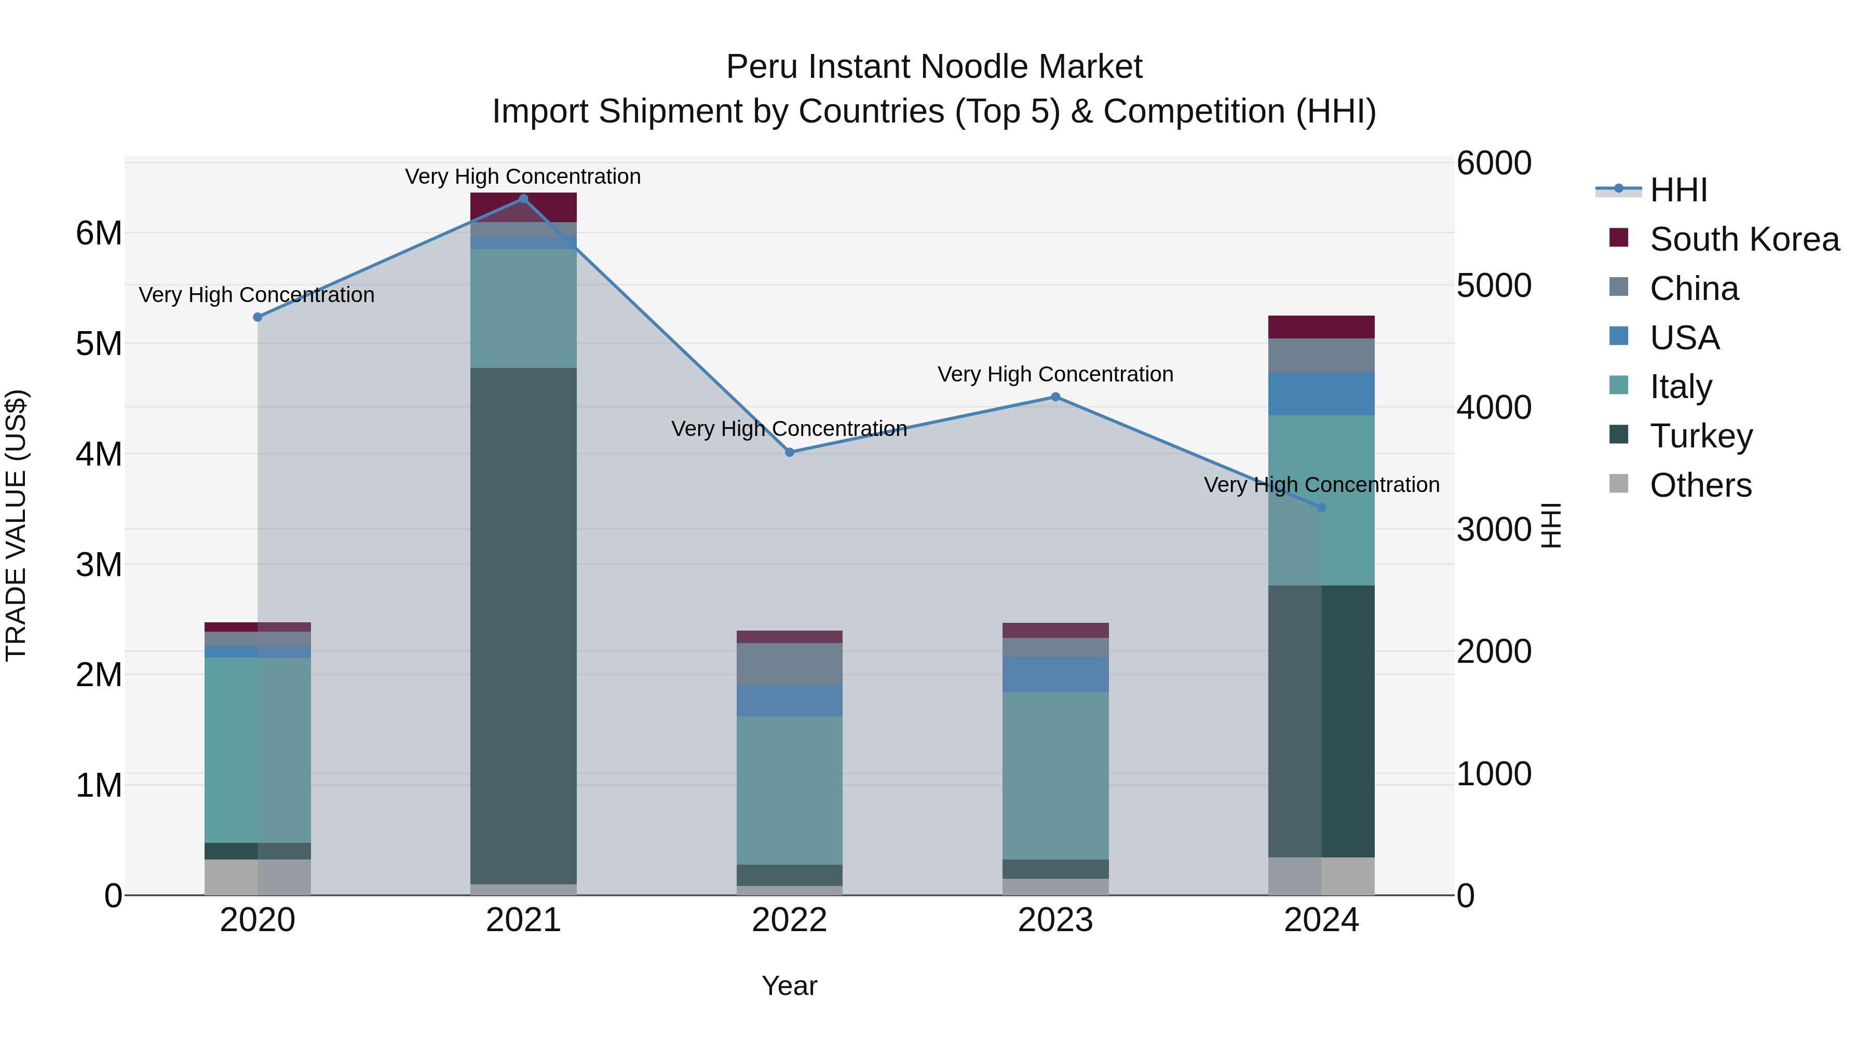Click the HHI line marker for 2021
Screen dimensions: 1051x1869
pyautogui.click(x=523, y=199)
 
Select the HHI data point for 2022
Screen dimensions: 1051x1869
pyautogui.click(x=789, y=453)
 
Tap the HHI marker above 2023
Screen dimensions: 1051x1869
pyautogui.click(x=1055, y=397)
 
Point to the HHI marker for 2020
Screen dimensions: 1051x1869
pyautogui.click(x=258, y=317)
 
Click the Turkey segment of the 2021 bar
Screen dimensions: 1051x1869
pyautogui.click(x=523, y=624)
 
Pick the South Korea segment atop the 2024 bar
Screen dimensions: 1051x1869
pyautogui.click(x=1321, y=327)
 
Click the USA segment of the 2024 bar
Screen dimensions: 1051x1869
pyautogui.click(x=1321, y=394)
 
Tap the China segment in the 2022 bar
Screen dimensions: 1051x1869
pyautogui.click(x=789, y=664)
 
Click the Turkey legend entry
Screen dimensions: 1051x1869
pyautogui.click(x=1701, y=436)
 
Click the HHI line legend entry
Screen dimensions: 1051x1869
pyautogui.click(x=1677, y=190)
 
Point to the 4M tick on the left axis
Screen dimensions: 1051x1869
pyautogui.click(x=99, y=455)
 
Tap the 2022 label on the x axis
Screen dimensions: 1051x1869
pyautogui.click(x=789, y=920)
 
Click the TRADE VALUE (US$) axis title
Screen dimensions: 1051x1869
pyautogui.click(x=16, y=525)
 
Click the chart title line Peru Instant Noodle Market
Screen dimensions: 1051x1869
pyautogui.click(x=934, y=67)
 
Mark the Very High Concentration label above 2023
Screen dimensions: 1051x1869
pyautogui.click(x=1055, y=374)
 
